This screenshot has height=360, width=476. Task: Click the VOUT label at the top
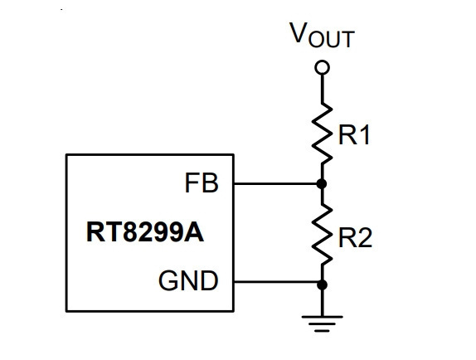pyautogui.click(x=322, y=35)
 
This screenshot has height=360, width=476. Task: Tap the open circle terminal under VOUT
pyautogui.click(x=322, y=67)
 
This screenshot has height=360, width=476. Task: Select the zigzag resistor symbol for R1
pyautogui.click(x=322, y=134)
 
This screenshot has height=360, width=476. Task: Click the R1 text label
pyautogui.click(x=354, y=134)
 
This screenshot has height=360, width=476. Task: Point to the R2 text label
pyautogui.click(x=355, y=238)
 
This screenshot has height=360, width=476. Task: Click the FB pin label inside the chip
pyautogui.click(x=202, y=182)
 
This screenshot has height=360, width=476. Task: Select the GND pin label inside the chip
pyautogui.click(x=188, y=280)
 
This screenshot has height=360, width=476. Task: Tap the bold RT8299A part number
pyautogui.click(x=145, y=232)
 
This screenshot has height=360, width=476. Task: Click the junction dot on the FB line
pyautogui.click(x=322, y=183)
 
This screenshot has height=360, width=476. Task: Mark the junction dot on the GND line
pyautogui.click(x=322, y=285)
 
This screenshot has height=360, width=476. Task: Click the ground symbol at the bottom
pyautogui.click(x=322, y=324)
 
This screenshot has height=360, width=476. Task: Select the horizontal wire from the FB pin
pyautogui.click(x=275, y=183)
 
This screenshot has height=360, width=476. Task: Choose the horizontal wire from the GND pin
pyautogui.click(x=275, y=282)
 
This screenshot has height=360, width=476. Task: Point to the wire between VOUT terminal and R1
pyautogui.click(x=322, y=89)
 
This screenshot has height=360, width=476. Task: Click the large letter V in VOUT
pyautogui.click(x=299, y=32)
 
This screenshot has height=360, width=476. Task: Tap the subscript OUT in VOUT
pyautogui.click(x=332, y=39)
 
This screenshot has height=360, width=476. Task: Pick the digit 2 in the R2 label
pyautogui.click(x=364, y=238)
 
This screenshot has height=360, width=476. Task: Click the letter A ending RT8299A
pyautogui.click(x=194, y=232)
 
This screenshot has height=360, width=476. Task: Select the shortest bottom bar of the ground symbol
pyautogui.click(x=322, y=331)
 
